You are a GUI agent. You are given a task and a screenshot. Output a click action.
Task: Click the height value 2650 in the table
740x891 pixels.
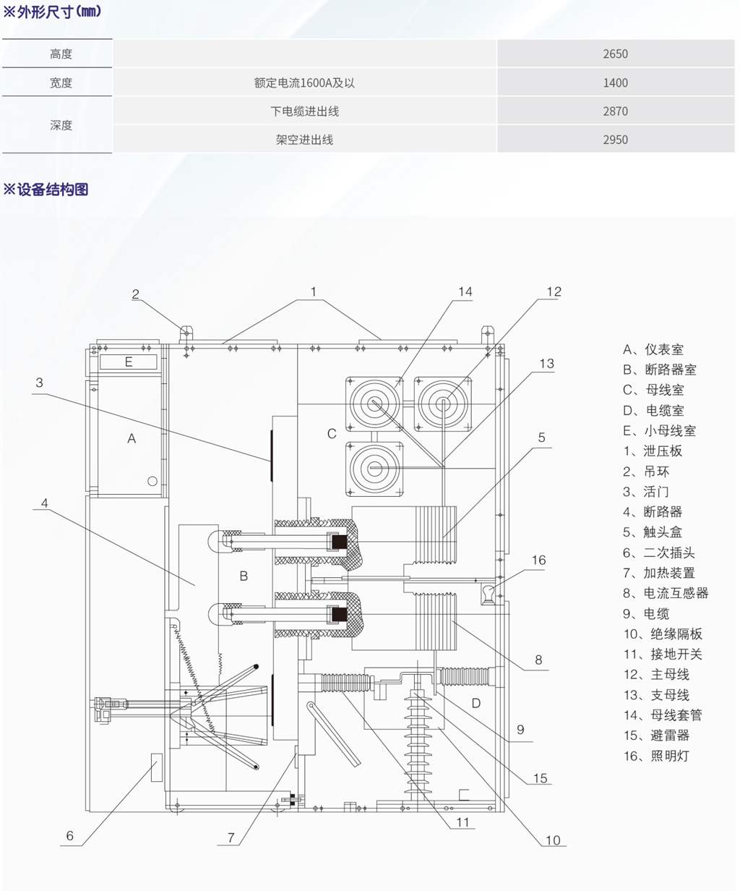[x=615, y=54]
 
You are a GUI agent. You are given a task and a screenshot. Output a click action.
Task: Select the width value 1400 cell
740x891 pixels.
[x=615, y=82]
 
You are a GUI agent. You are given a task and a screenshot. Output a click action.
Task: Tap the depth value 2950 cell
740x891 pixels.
[x=615, y=140]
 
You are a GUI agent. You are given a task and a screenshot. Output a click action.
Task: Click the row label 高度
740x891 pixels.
[x=61, y=54]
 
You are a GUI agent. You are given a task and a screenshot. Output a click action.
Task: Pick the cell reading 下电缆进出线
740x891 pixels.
[x=304, y=111]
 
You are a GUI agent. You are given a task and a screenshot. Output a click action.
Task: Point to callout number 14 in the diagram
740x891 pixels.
[x=465, y=291]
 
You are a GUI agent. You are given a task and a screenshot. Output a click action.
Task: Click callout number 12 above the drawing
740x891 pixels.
[x=554, y=291]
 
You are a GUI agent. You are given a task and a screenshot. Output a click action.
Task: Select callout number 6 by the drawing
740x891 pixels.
[x=69, y=836]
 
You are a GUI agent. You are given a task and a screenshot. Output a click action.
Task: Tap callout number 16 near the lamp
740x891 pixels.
[x=538, y=560]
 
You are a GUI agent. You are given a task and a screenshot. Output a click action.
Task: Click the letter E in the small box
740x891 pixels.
[x=129, y=362]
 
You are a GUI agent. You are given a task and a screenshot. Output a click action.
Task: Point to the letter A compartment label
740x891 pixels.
[x=132, y=438]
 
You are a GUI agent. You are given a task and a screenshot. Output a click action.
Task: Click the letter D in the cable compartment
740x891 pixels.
[x=476, y=703]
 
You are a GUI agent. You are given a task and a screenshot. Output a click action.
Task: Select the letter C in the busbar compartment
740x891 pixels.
[x=332, y=434]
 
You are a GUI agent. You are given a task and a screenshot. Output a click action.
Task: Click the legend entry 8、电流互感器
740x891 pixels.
[x=666, y=593]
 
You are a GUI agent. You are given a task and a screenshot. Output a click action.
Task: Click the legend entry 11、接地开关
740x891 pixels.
[x=663, y=655]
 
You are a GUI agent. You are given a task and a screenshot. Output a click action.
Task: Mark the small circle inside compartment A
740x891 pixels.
[x=152, y=481]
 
